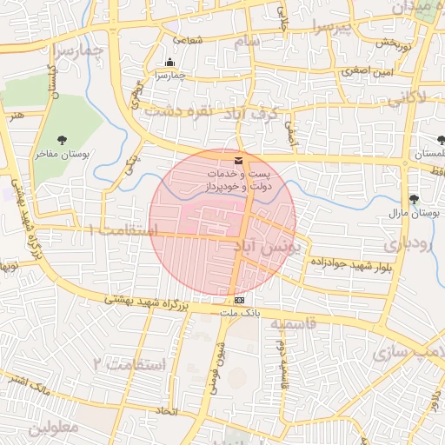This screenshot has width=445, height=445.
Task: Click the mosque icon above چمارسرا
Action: click(x=169, y=63)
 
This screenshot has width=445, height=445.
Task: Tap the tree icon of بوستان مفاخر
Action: click(x=63, y=140)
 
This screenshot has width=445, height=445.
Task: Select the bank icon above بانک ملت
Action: click(x=239, y=300)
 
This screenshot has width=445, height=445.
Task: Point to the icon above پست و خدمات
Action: click(x=239, y=161)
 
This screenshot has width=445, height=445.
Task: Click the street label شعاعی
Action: click(x=188, y=39)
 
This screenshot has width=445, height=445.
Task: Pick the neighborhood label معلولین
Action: click(x=52, y=428)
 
